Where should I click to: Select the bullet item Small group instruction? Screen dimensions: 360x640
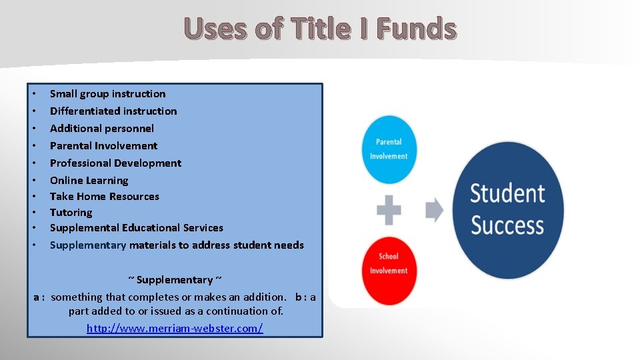coord(107,94)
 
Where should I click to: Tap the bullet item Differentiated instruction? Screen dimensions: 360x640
coord(113,111)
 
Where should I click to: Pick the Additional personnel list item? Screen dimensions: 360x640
coord(101,129)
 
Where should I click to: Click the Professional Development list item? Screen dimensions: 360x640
coord(115,163)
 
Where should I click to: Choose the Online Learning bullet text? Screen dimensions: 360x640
coord(89,181)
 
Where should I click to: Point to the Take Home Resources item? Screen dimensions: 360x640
coord(105,197)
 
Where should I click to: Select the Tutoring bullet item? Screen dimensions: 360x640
coord(71,213)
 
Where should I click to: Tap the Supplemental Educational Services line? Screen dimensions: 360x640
coord(136,228)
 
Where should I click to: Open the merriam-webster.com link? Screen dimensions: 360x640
coord(175,328)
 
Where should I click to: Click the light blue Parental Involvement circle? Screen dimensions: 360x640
coord(389,149)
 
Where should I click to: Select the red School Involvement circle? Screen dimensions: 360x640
coord(389,263)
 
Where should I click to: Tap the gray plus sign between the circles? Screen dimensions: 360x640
coord(389,210)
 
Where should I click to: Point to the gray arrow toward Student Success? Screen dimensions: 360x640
coord(434,210)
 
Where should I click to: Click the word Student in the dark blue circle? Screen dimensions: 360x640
coord(507,193)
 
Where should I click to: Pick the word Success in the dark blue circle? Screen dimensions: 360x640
coord(507,225)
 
